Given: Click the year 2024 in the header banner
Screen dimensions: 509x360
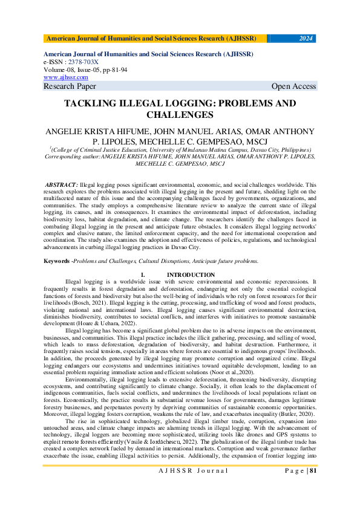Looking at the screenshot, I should point(306,39).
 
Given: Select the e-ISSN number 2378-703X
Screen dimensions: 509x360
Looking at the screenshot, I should point(84,62).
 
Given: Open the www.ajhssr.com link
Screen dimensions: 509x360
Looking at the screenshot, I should point(66,77).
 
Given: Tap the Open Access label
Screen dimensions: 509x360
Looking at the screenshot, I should point(293,86).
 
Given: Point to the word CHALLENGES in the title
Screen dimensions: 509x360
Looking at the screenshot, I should point(180,114).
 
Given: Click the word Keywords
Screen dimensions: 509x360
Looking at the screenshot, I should point(56,261).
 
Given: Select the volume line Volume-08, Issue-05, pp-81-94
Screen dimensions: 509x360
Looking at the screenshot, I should point(85,70).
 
